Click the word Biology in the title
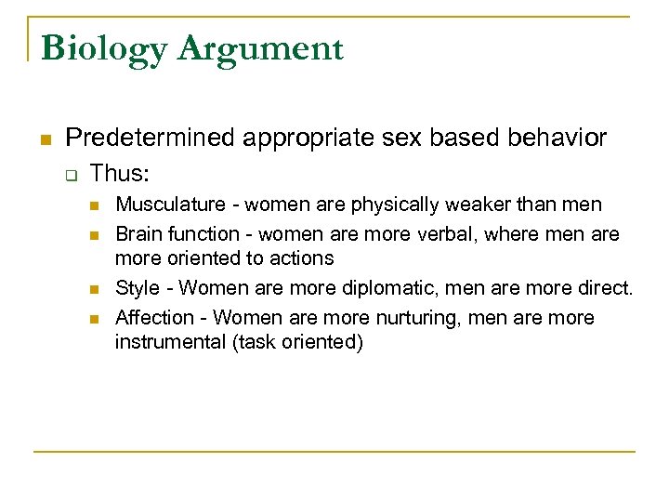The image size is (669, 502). coord(99,48)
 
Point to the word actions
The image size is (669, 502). coord(302,258)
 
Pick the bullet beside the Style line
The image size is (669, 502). coord(95,289)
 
